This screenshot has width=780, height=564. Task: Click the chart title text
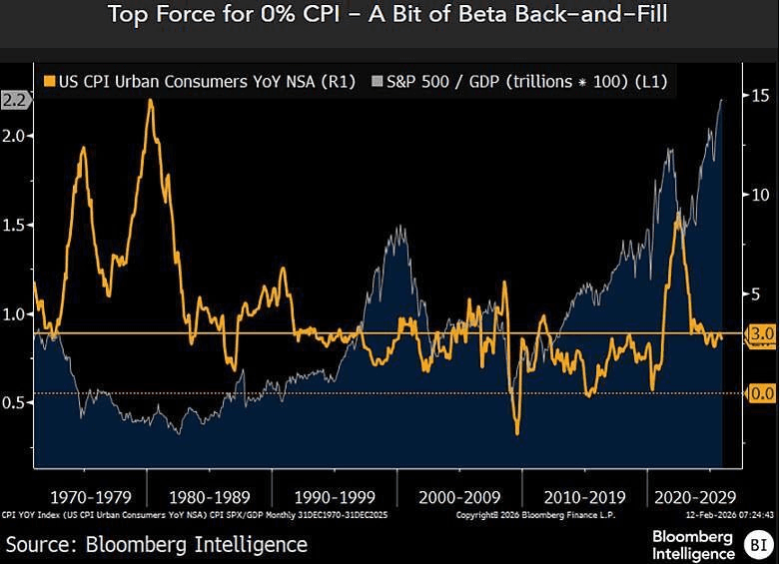389,16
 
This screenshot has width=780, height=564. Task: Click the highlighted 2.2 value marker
13,100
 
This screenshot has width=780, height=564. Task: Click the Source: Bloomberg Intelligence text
156,544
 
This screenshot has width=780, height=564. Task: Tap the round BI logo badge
756,544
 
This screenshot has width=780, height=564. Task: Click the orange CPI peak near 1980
150,101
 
